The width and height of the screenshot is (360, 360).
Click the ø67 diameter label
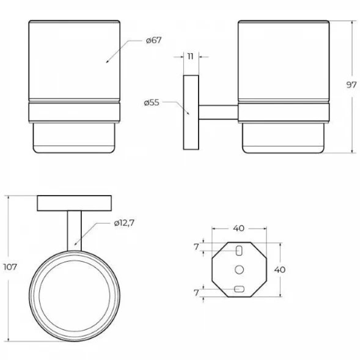pyautogui.click(x=154, y=40)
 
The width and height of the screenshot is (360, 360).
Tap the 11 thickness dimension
pyautogui.click(x=190, y=56)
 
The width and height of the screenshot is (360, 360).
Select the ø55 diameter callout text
pyautogui.click(x=152, y=103)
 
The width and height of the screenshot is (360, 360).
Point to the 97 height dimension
pyautogui.click(x=351, y=85)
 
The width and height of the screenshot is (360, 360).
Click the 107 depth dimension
pyautogui.click(x=10, y=267)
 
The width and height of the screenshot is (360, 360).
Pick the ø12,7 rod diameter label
pyautogui.click(x=124, y=222)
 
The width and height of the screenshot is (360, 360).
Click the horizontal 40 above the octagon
pyautogui.click(x=239, y=228)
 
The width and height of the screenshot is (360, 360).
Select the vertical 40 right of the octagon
pyautogui.click(x=280, y=270)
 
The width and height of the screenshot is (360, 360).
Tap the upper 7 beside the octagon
pyautogui.click(x=196, y=247)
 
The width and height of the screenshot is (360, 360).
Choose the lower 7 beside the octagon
pyautogui.click(x=196, y=293)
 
